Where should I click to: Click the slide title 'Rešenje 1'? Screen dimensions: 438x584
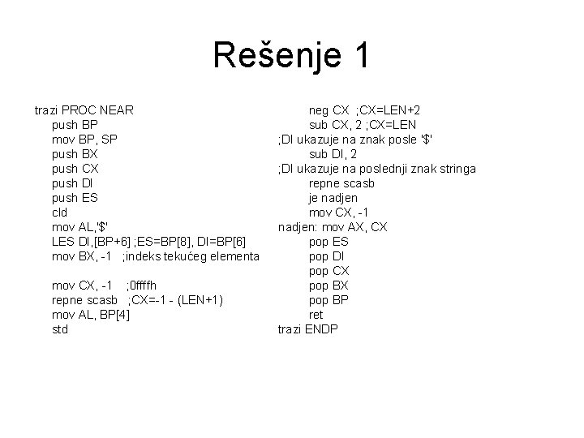click(x=291, y=55)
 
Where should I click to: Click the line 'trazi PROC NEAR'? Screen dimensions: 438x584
click(x=84, y=109)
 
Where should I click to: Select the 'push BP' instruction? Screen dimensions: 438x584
click(x=75, y=124)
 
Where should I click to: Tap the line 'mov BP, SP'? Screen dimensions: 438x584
click(x=84, y=139)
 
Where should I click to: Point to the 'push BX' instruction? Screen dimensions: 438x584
click(x=75, y=153)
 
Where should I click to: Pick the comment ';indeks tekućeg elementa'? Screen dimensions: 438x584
click(x=191, y=256)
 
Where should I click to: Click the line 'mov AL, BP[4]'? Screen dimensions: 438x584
click(x=89, y=315)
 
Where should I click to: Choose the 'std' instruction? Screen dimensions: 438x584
click(x=60, y=329)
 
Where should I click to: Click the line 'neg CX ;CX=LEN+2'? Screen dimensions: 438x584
click(x=369, y=109)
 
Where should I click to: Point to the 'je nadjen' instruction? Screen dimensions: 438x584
click(x=333, y=197)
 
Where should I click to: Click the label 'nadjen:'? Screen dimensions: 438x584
click(x=300, y=226)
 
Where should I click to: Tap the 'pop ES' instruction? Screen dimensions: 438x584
click(x=328, y=242)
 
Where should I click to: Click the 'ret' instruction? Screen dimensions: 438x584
click(x=316, y=315)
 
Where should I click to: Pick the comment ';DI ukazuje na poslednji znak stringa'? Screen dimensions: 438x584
click(x=376, y=168)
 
